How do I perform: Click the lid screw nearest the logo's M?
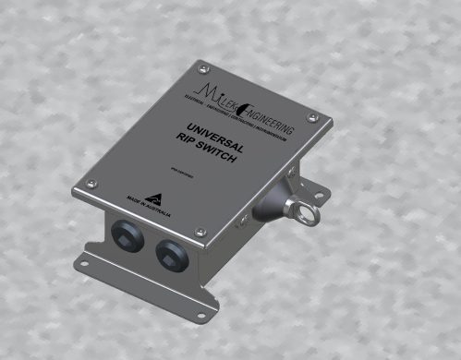[200, 65]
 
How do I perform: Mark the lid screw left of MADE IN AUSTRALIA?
[91, 184]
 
